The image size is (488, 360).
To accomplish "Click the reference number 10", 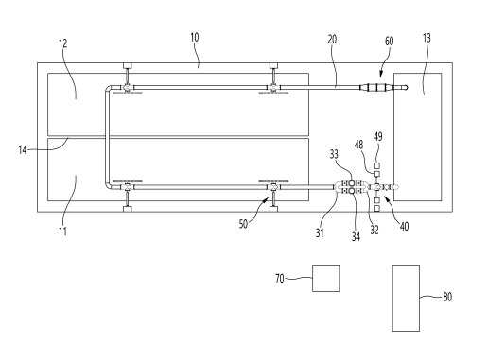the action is [195, 38].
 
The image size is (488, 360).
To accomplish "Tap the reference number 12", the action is [63, 43].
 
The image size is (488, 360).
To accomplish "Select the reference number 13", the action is [427, 38].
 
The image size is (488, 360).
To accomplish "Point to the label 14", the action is [23, 150].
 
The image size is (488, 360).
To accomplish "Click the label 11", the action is [63, 231].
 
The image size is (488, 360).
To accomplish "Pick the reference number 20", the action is [332, 40].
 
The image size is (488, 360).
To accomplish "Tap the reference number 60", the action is [390, 41].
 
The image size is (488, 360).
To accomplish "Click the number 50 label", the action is [243, 224].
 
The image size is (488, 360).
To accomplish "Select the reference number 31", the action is [320, 232].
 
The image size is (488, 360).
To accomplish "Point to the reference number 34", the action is [356, 236].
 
